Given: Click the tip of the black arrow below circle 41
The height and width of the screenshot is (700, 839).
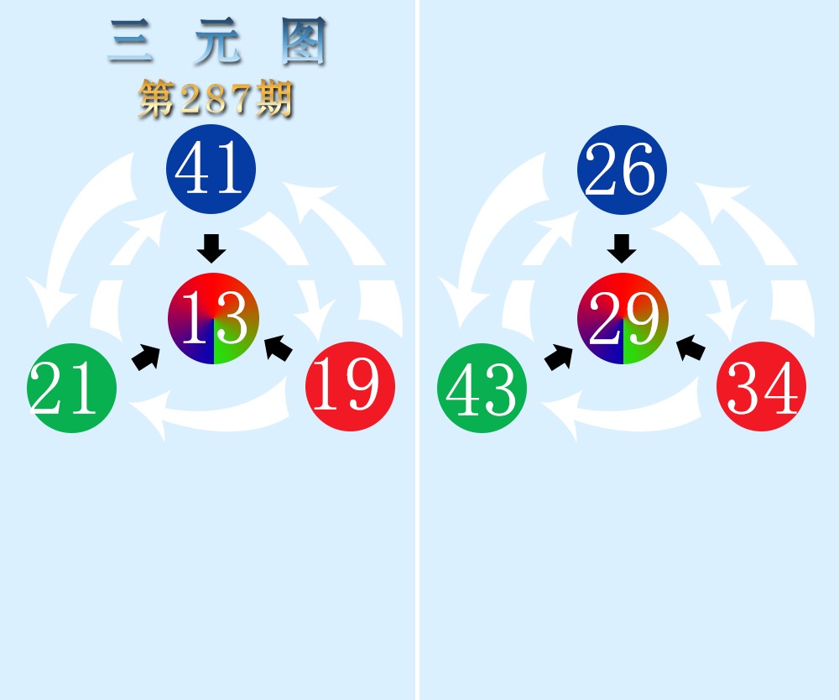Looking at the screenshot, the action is pos(211,264).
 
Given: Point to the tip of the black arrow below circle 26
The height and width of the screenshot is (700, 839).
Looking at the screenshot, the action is pos(622,264).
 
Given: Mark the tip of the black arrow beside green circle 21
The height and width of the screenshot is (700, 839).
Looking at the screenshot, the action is pos(159,347).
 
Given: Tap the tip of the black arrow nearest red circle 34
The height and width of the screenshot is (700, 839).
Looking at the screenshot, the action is pos(677,337).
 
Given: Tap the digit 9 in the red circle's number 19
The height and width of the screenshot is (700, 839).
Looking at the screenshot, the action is pos(363,384).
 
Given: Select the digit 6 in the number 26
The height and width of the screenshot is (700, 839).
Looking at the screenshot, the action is pos(638,169).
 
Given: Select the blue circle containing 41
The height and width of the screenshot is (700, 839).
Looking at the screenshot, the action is pos(211,169).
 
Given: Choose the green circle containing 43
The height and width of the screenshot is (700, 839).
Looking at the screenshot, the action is pos(482,388).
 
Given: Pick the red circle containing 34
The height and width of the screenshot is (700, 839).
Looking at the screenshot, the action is pos(762,386).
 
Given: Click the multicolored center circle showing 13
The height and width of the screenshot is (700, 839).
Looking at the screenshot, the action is pos(213,318).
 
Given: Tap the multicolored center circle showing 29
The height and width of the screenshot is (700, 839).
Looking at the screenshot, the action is pos(623,318).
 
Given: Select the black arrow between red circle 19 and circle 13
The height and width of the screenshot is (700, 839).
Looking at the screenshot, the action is pos(279,347).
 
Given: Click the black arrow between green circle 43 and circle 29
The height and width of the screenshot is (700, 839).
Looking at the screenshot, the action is pos(558,357).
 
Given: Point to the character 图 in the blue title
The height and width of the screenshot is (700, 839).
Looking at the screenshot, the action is pos(304,40).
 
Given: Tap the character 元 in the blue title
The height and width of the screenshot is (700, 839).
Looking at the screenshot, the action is pos(217,40).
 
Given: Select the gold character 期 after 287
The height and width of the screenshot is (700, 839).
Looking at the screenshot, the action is pos(274,99).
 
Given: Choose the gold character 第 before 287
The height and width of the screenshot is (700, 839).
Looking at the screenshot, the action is pos(156,99).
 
